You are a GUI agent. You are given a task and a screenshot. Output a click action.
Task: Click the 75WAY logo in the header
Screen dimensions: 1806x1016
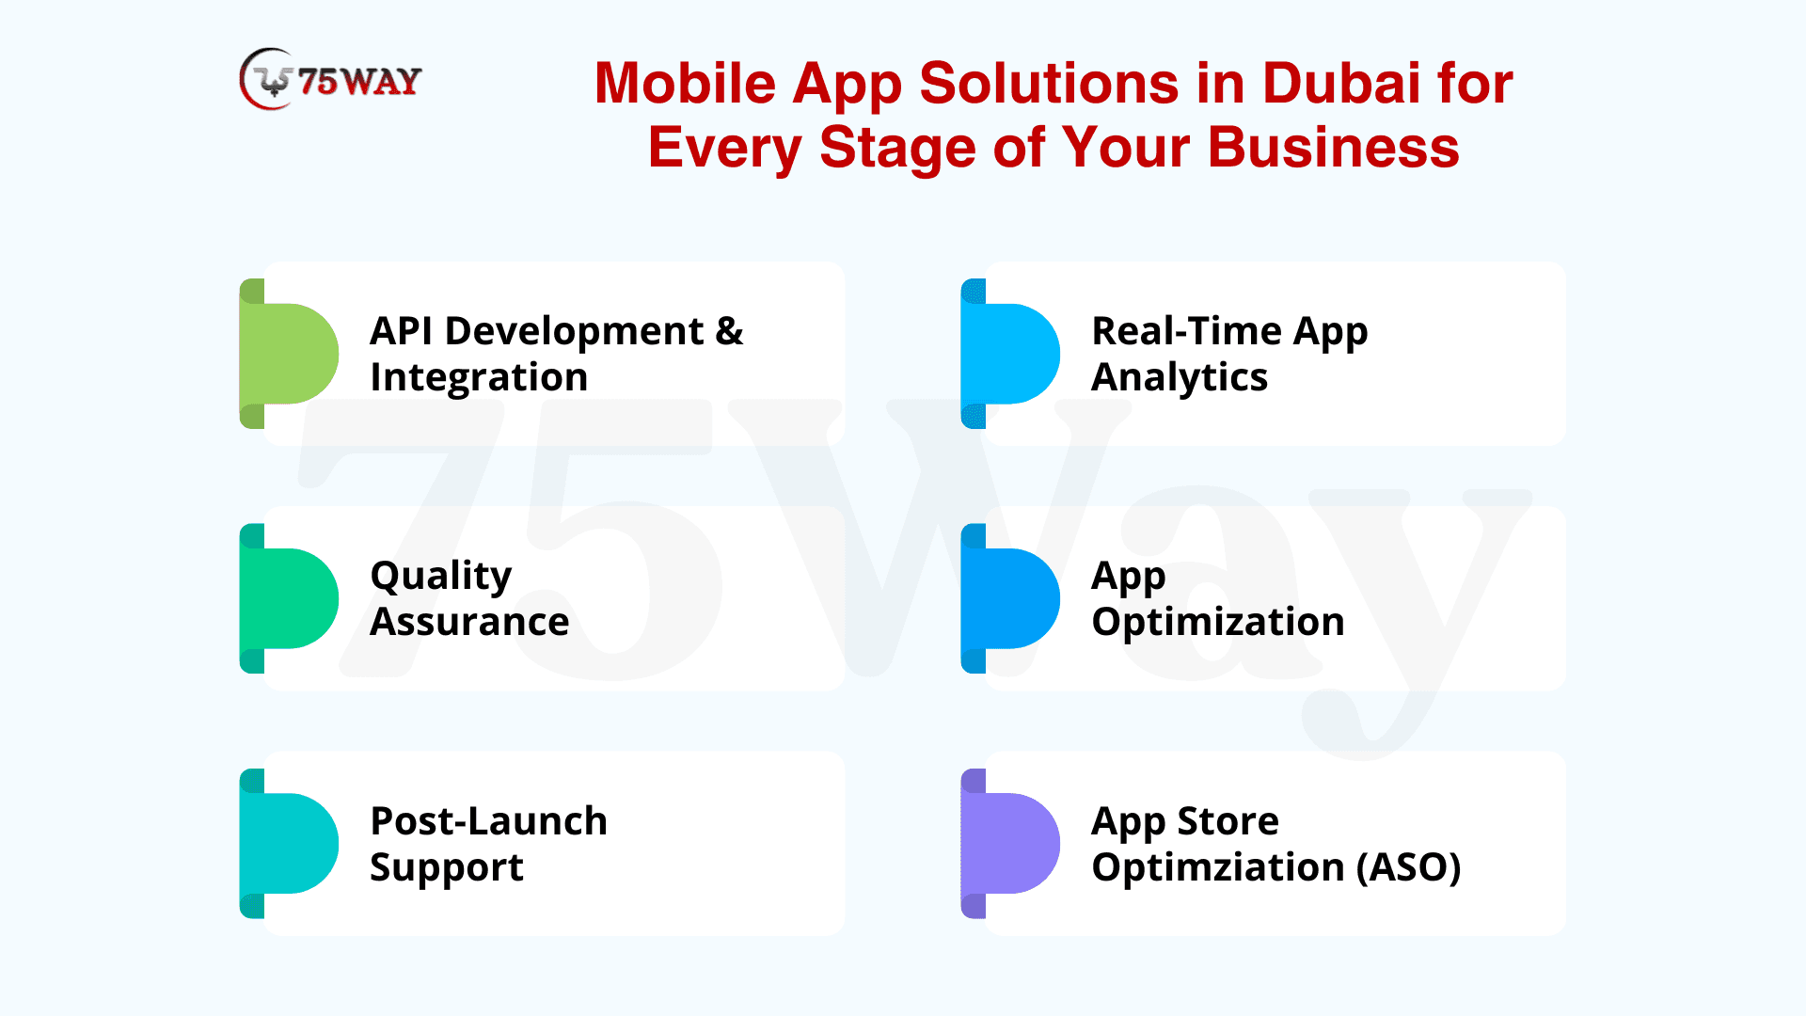click(x=330, y=79)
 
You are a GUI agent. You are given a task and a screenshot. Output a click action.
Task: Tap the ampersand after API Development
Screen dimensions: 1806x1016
click(x=729, y=331)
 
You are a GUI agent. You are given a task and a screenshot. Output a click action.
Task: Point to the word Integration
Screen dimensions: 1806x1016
click(x=479, y=378)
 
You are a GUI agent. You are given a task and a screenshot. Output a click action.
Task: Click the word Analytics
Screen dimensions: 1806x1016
click(x=1180, y=378)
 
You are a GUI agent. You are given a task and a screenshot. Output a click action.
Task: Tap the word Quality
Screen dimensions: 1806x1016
click(x=441, y=577)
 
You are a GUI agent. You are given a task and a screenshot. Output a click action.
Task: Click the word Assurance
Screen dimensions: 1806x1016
click(x=469, y=623)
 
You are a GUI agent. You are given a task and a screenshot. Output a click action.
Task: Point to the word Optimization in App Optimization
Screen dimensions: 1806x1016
click(x=1218, y=623)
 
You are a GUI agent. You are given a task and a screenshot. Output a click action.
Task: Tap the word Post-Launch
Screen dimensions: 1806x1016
click(x=489, y=821)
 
